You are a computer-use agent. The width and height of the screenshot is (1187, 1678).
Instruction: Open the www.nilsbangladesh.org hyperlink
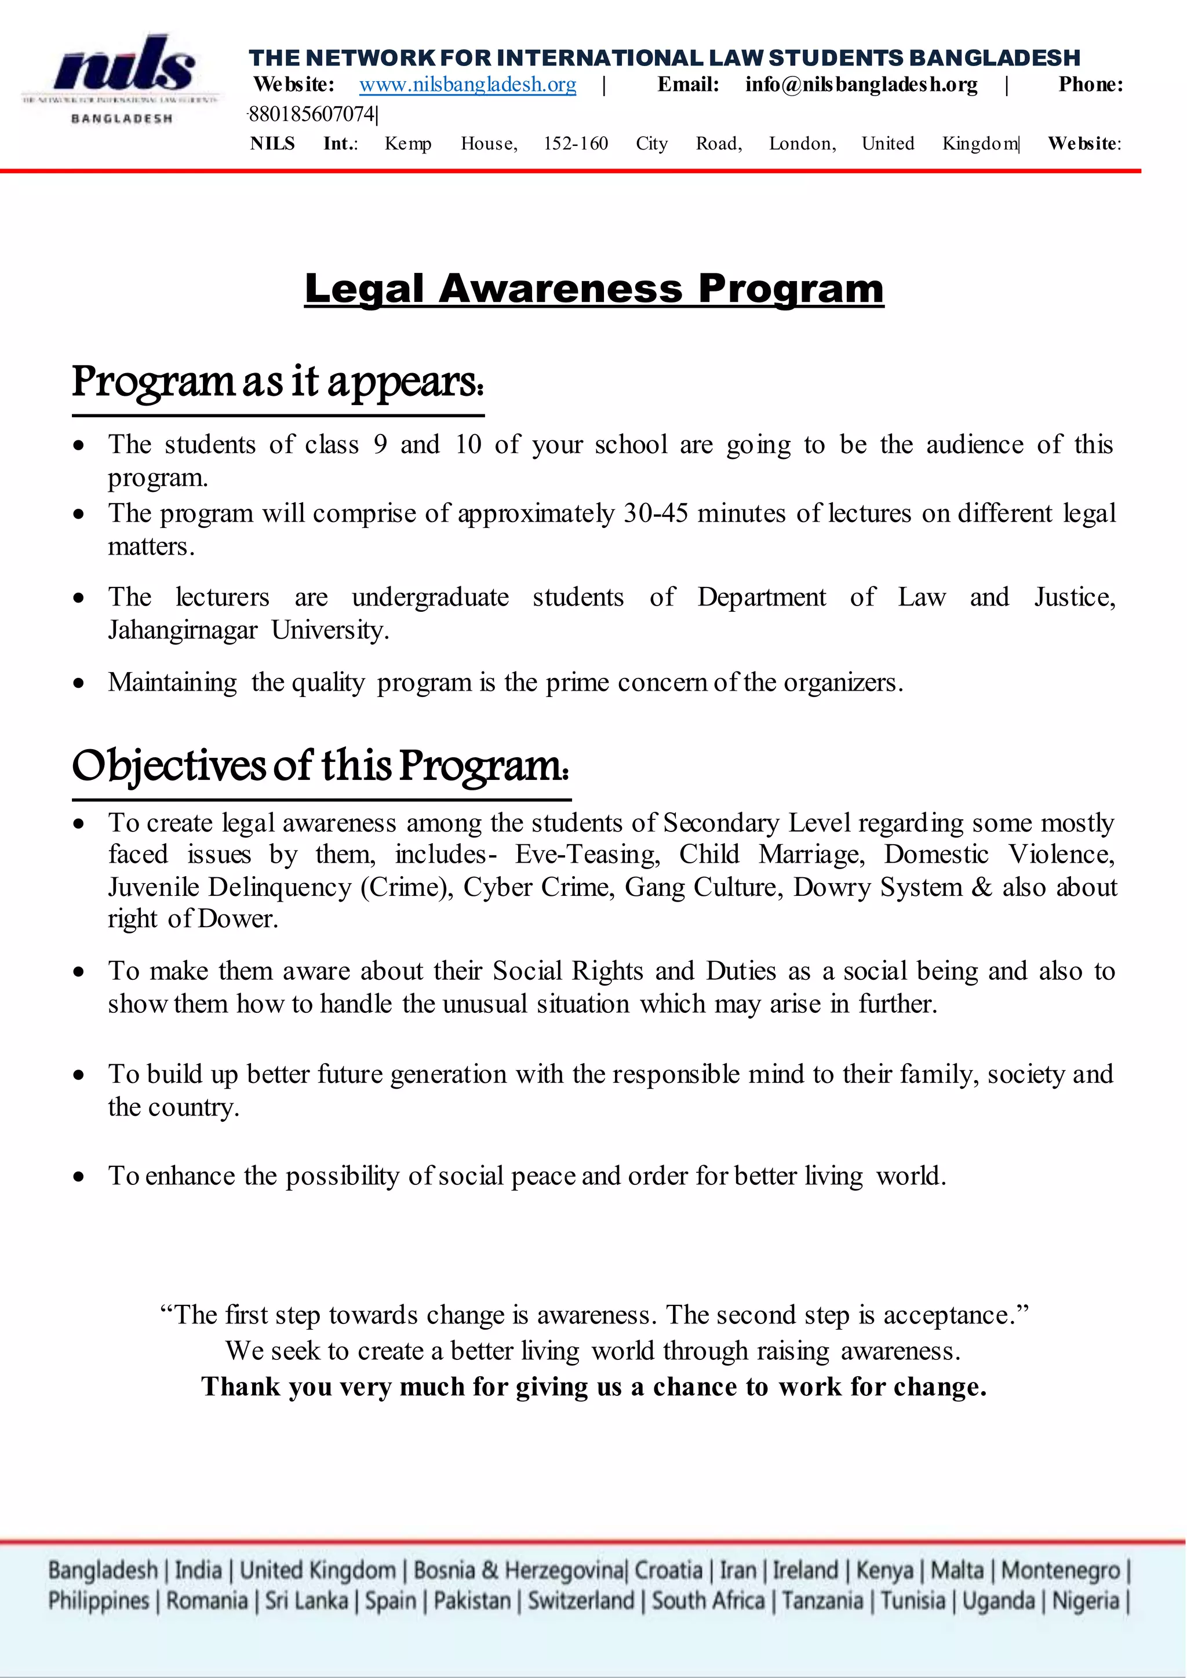467,85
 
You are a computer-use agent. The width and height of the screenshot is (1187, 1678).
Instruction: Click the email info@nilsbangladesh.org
861,85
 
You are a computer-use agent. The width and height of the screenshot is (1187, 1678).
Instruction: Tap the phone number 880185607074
312,114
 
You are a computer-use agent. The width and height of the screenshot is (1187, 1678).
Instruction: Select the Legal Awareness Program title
593,288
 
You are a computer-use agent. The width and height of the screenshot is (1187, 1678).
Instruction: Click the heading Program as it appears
278,382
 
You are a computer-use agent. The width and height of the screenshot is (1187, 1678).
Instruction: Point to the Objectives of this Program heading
320,766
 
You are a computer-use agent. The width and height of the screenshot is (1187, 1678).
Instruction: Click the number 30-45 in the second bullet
656,514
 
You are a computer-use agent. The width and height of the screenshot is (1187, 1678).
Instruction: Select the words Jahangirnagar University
249,630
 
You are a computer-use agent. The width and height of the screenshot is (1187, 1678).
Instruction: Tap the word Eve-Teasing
587,854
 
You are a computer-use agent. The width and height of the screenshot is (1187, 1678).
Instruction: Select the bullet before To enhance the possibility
79,1177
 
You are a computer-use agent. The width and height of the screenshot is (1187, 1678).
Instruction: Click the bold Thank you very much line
593,1387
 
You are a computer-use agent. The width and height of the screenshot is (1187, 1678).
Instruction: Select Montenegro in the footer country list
1060,1570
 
